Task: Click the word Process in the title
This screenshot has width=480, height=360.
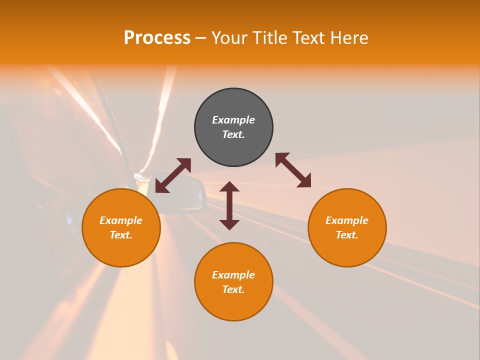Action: tap(157, 38)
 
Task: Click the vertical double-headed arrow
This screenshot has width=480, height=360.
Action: tap(229, 205)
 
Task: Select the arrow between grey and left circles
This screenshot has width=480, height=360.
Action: tap(173, 175)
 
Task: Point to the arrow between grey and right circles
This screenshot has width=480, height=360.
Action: tap(293, 170)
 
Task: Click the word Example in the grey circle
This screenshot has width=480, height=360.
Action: tap(233, 120)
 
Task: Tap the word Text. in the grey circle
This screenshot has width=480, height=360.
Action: tap(233, 134)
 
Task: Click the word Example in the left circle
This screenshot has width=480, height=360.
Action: tap(121, 220)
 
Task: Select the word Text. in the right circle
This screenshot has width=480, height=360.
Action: tap(347, 235)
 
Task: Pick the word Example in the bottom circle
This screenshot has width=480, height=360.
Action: tap(233, 275)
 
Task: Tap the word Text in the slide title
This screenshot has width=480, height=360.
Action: tap(308, 38)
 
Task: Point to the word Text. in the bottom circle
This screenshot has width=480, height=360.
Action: tap(233, 289)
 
